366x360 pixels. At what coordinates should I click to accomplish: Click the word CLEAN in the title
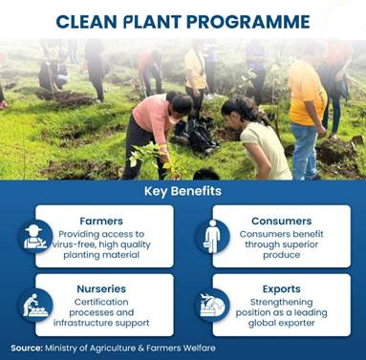(86, 22)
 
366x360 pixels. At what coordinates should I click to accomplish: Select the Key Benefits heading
(183, 191)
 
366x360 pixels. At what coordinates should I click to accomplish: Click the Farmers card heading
(101, 221)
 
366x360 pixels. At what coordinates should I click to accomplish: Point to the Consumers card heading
(282, 221)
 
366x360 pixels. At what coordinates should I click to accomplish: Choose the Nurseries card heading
(101, 288)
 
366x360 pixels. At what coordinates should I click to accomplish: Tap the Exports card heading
(282, 289)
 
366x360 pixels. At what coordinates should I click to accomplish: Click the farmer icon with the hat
(35, 237)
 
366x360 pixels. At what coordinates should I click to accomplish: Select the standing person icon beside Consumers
(212, 237)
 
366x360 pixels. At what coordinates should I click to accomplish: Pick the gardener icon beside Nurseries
(35, 305)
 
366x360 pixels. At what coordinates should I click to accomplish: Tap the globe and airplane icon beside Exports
(212, 305)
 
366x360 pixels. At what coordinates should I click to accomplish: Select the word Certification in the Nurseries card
(101, 302)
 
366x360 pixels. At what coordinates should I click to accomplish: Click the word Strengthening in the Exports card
(282, 302)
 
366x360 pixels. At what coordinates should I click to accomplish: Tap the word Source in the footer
(27, 348)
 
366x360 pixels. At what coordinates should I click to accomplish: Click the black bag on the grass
(195, 135)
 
